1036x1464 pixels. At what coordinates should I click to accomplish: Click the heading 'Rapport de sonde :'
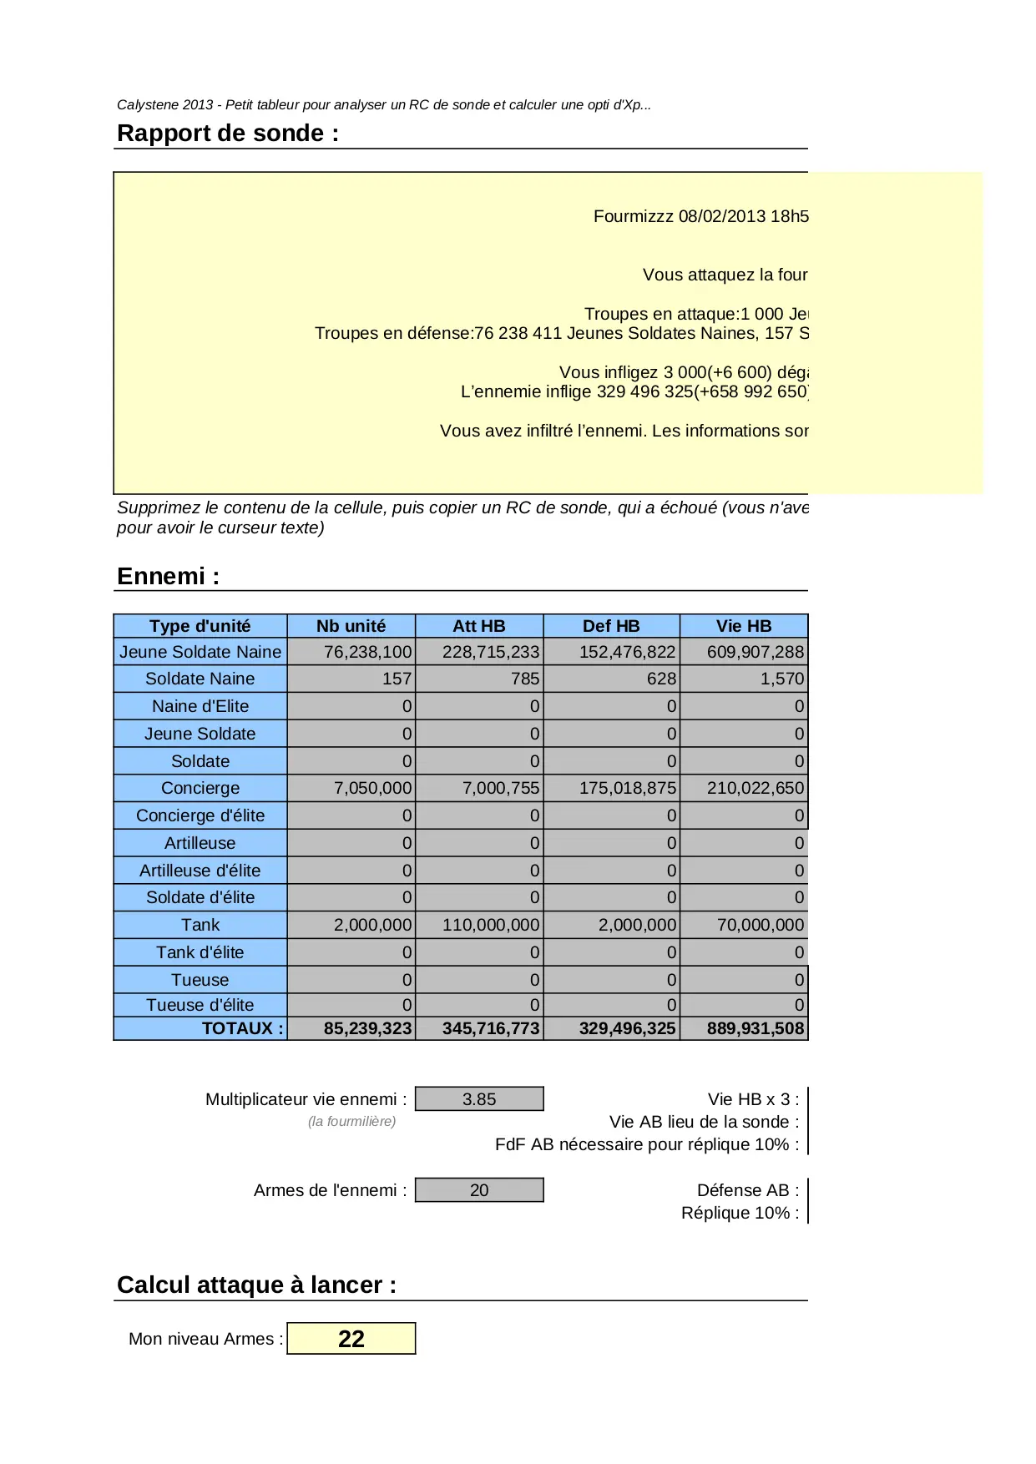point(228,134)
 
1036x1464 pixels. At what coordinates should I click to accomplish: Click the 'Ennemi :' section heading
point(168,577)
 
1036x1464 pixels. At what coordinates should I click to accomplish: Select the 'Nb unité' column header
point(351,626)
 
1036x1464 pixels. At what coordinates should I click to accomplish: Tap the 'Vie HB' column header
point(743,626)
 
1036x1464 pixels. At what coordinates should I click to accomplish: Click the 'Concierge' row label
point(200,788)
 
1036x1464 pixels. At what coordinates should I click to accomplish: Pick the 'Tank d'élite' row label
point(200,952)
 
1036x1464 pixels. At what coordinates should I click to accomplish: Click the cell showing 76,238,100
point(367,652)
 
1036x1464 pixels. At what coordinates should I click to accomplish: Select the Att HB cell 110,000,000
point(491,925)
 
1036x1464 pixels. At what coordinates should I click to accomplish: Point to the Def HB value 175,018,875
point(627,788)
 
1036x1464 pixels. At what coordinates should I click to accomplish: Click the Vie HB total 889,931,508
point(755,1028)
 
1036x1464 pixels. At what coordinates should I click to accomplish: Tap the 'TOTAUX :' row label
point(242,1028)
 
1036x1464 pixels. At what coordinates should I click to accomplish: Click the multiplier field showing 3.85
point(479,1099)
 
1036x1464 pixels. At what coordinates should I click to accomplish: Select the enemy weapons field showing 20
point(479,1190)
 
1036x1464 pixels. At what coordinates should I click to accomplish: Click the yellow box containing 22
point(351,1339)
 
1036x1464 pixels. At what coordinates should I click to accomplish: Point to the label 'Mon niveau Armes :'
point(205,1339)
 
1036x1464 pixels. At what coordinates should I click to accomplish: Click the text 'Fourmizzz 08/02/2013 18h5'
point(700,216)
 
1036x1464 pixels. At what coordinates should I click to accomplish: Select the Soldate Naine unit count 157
point(397,679)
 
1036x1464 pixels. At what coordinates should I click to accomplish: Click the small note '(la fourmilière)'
point(351,1122)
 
